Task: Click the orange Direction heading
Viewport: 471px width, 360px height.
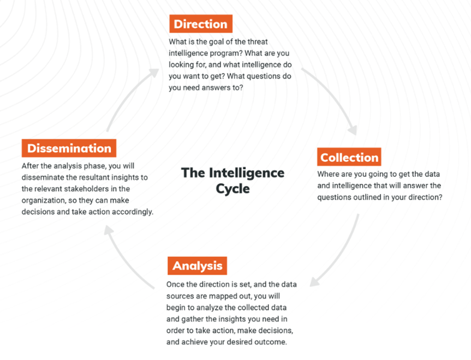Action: click(200, 24)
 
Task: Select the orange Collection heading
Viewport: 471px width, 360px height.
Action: click(349, 157)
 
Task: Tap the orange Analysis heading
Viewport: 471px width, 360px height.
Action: click(197, 266)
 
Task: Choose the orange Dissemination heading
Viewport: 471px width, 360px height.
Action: click(69, 148)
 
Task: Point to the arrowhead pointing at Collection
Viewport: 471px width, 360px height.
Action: click(351, 129)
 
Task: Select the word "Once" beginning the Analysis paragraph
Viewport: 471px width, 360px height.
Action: click(176, 285)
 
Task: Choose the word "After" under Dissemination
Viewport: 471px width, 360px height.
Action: click(31, 166)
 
